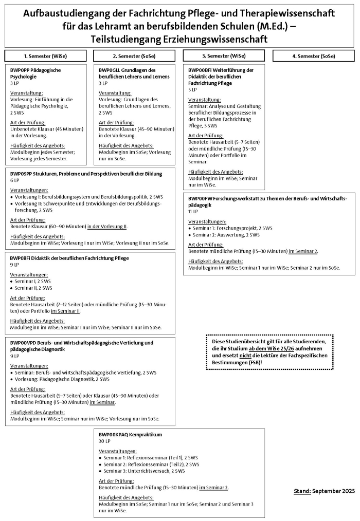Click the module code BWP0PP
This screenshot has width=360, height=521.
[20, 70]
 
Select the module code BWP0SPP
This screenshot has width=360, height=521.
[21, 174]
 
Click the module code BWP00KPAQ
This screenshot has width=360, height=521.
[113, 434]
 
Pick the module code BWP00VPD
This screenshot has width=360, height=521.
[23, 343]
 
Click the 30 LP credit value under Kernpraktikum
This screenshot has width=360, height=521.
[105, 441]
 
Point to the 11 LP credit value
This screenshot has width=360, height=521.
[193, 211]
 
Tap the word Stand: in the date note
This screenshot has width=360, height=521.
[302, 491]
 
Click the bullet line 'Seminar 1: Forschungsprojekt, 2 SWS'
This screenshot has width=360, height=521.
[232, 228]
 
